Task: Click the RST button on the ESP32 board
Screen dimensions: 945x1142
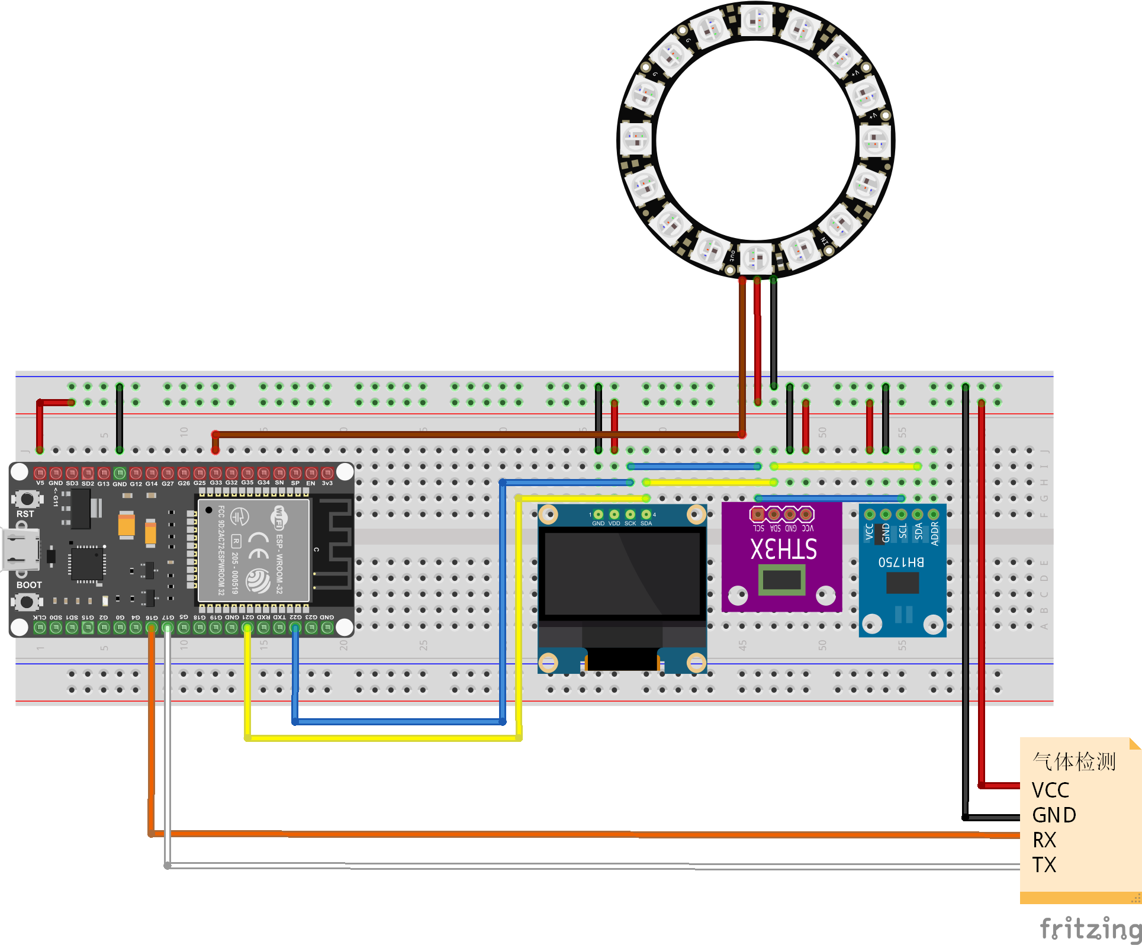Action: coord(27,499)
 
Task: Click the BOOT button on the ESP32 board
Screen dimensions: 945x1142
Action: coord(27,602)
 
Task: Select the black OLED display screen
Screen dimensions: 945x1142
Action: coord(622,574)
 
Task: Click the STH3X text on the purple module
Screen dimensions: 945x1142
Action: coord(783,549)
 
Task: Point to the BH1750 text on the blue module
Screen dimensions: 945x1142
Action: coord(901,561)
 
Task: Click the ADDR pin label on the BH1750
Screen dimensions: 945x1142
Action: coord(935,533)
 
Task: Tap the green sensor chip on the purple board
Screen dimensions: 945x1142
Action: coord(782,580)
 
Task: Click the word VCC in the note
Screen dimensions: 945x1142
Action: coord(1050,790)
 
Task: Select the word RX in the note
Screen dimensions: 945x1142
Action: coord(1044,840)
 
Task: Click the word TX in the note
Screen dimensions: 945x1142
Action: coord(1044,864)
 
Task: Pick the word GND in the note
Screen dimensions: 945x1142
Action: coord(1054,815)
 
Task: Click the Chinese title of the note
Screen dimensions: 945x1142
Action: coord(1074,761)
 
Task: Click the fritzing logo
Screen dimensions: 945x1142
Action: coord(1090,928)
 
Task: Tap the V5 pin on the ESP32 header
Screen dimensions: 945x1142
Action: coord(40,473)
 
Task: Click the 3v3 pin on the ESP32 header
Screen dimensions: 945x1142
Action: coord(327,473)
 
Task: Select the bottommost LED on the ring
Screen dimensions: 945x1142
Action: coord(756,258)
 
